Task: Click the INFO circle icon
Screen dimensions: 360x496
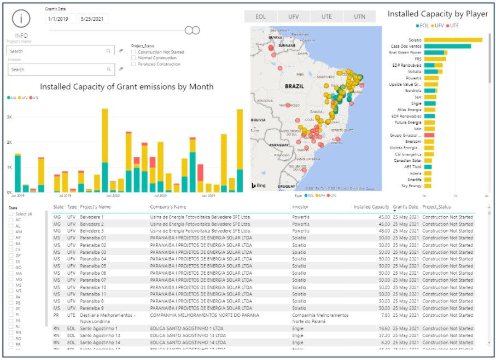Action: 21,19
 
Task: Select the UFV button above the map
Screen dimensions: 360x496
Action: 294,16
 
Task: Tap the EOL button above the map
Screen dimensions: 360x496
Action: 261,16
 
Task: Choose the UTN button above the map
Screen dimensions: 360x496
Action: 359,16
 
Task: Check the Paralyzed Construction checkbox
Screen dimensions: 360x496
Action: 134,64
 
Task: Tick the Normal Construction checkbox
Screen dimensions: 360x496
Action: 134,57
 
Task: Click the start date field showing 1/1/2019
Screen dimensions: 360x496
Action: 61,19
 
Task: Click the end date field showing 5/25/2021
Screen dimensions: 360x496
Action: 94,19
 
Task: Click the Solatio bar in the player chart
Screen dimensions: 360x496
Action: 453,39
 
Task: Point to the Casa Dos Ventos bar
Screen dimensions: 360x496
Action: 447,46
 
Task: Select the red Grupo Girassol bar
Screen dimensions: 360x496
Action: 429,135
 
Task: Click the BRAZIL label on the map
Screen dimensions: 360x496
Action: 294,86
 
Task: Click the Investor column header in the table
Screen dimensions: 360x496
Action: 301,207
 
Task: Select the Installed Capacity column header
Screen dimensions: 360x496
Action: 371,207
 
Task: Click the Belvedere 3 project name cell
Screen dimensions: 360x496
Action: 92,230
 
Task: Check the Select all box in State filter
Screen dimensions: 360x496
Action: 11,214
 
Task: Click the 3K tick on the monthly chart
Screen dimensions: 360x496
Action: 9,117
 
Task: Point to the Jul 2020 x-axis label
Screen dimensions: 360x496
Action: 160,195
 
